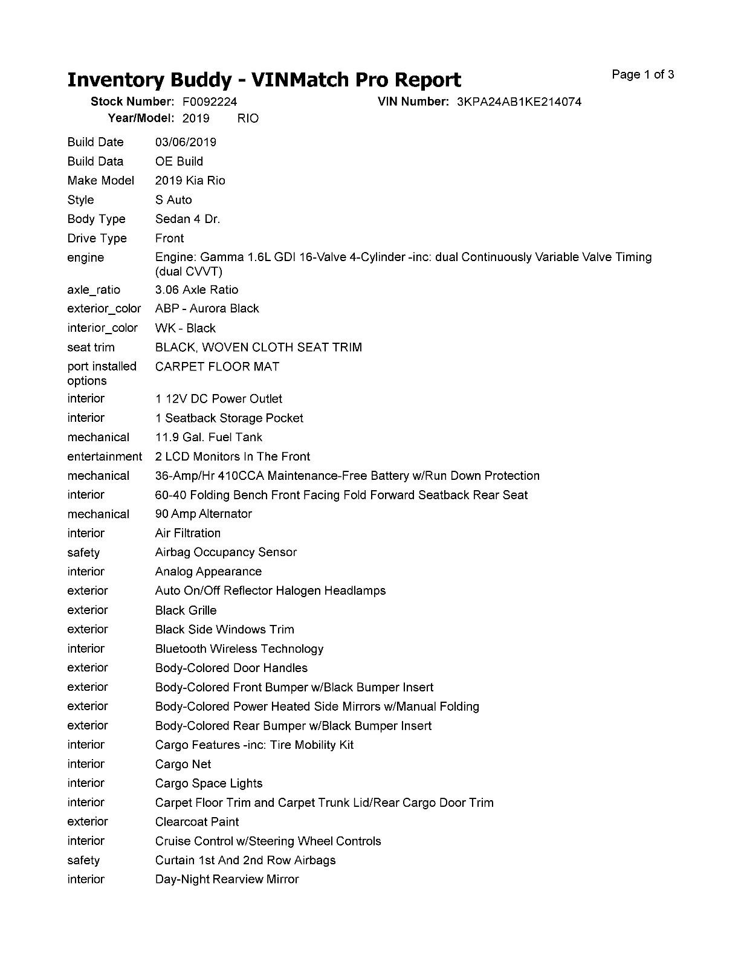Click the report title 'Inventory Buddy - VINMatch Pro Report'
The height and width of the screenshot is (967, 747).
264,80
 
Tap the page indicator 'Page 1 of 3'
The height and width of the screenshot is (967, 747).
642,75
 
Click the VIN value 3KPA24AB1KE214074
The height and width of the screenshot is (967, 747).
519,102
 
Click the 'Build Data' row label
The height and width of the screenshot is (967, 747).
95,161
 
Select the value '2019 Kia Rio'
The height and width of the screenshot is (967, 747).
190,181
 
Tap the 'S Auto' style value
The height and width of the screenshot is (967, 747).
173,200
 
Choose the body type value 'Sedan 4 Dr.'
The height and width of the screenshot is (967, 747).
187,219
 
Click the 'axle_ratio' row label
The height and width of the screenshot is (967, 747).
94,289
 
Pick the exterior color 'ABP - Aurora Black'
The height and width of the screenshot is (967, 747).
207,309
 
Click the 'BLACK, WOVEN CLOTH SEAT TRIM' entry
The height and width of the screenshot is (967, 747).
258,348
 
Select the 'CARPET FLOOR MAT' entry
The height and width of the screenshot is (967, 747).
217,367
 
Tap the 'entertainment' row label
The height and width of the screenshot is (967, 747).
105,456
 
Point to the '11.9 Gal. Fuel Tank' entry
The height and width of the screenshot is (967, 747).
209,437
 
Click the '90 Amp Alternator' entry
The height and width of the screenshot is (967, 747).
203,514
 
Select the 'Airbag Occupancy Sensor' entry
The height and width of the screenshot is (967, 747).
225,552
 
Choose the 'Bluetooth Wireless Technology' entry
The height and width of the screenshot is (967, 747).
239,649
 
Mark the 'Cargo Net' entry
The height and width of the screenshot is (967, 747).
183,765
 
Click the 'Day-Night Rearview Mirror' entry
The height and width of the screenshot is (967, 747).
227,879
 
